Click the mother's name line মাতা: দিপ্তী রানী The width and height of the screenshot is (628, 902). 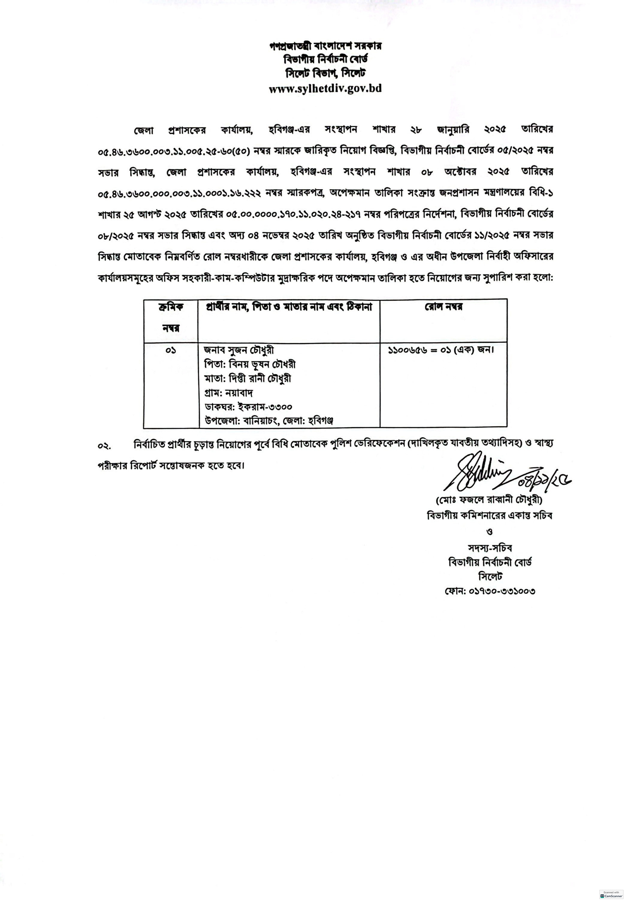click(x=248, y=378)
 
